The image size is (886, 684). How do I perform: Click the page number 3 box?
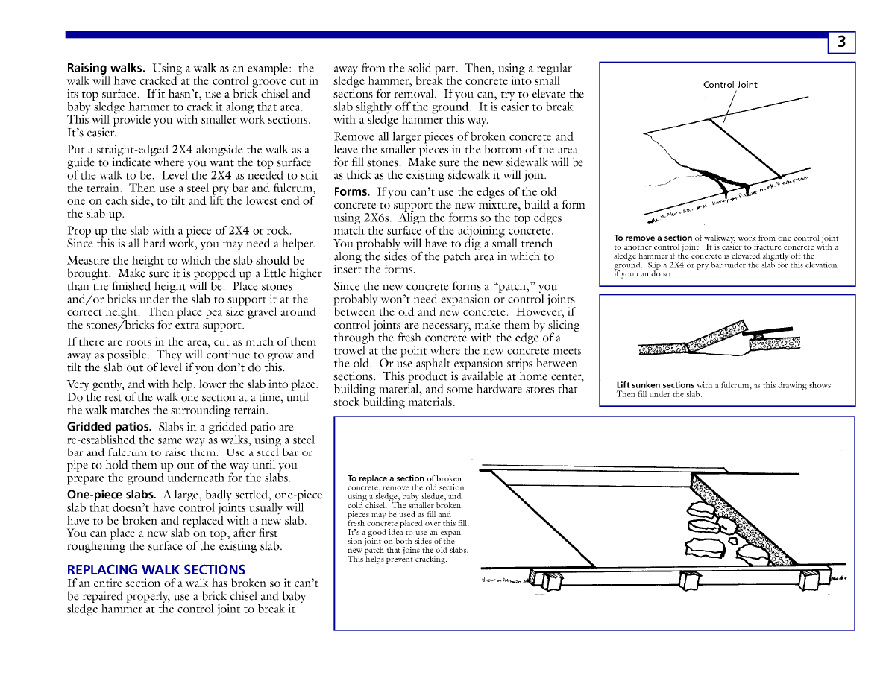click(841, 42)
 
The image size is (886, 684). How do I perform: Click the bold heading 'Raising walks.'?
click(106, 68)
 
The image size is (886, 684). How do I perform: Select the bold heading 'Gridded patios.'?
click(110, 427)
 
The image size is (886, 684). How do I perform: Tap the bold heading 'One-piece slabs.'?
click(112, 495)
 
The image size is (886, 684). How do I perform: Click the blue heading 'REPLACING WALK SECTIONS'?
click(157, 570)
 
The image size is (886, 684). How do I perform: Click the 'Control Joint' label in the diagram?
click(730, 85)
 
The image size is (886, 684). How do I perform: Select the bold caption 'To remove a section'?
click(653, 238)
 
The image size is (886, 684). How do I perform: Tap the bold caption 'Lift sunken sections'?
click(655, 385)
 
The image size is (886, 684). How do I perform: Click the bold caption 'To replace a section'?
click(386, 478)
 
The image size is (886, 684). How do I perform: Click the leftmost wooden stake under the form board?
click(550, 581)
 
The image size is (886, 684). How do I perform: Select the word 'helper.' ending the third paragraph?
click(295, 244)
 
